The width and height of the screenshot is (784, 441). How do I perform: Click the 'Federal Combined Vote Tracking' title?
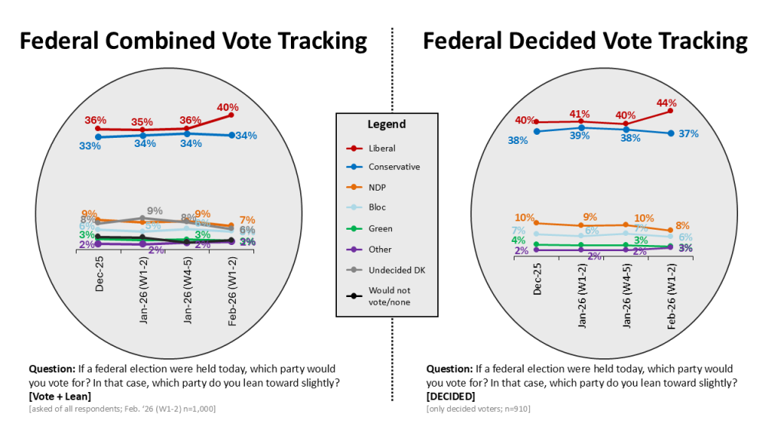(193, 41)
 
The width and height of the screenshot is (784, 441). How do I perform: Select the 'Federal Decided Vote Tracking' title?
(585, 41)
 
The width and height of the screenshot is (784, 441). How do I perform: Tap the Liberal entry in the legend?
(381, 149)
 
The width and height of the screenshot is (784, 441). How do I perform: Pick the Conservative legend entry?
(394, 167)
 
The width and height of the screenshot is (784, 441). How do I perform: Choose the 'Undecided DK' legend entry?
(397, 270)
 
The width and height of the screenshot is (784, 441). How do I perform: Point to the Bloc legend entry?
(379, 207)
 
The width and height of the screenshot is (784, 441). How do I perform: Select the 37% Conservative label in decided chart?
(688, 134)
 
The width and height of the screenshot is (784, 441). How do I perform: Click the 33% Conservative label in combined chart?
(90, 145)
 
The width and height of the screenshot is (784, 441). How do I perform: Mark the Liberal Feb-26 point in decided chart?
(670, 111)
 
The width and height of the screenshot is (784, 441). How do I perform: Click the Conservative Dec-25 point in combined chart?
(98, 137)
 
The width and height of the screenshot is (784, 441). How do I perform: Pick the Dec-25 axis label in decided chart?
(537, 280)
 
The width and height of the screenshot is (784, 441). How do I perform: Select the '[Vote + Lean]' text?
(59, 397)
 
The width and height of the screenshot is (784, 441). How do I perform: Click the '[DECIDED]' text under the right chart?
(450, 397)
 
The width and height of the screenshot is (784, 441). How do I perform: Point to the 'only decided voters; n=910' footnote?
(478, 409)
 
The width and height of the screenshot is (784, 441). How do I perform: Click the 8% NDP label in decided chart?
(683, 226)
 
